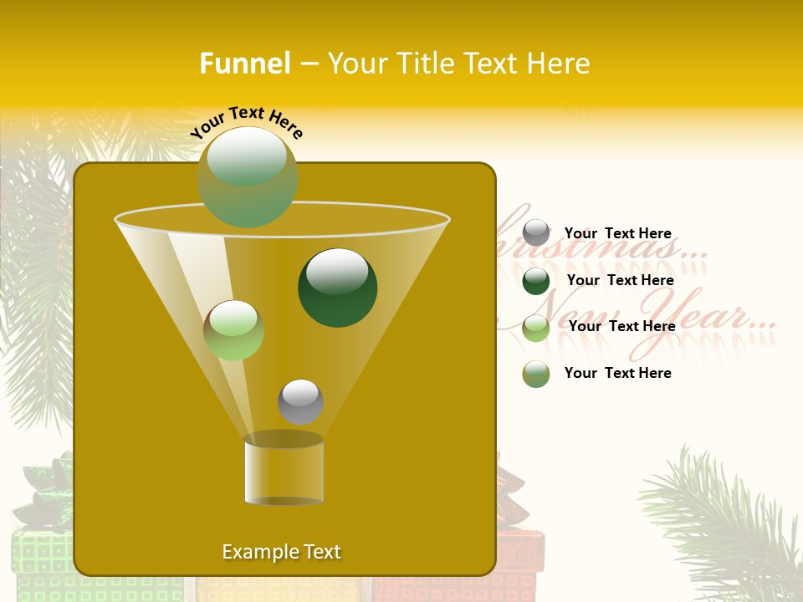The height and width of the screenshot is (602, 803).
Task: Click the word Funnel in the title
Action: pyautogui.click(x=245, y=64)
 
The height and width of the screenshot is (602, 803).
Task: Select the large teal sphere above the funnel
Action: pyautogui.click(x=248, y=176)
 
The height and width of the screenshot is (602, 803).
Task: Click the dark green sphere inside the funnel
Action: pyautogui.click(x=338, y=288)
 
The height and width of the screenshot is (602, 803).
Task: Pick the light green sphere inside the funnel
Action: pyautogui.click(x=234, y=330)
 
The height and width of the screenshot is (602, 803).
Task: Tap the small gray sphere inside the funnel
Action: pyautogui.click(x=300, y=401)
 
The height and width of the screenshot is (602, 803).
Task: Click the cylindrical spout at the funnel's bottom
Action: pyautogui.click(x=284, y=470)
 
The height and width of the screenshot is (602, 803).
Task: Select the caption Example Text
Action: pyautogui.click(x=282, y=552)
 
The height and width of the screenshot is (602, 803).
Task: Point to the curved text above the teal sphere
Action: pyautogui.click(x=247, y=122)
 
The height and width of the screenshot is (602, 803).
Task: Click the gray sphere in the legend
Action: pyautogui.click(x=536, y=233)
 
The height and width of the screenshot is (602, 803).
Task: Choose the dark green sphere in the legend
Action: pyautogui.click(x=536, y=281)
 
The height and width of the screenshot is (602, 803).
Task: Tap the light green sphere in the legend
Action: pyautogui.click(x=536, y=328)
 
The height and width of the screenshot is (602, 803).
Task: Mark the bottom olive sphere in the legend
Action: pyautogui.click(x=536, y=374)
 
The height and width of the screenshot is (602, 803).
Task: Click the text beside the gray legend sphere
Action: pyautogui.click(x=618, y=234)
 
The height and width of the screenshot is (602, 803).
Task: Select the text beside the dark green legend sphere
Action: pyautogui.click(x=621, y=281)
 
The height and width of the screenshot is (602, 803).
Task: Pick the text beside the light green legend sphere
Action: pyautogui.click(x=622, y=327)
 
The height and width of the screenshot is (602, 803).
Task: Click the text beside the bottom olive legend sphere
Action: pyautogui.click(x=618, y=373)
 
